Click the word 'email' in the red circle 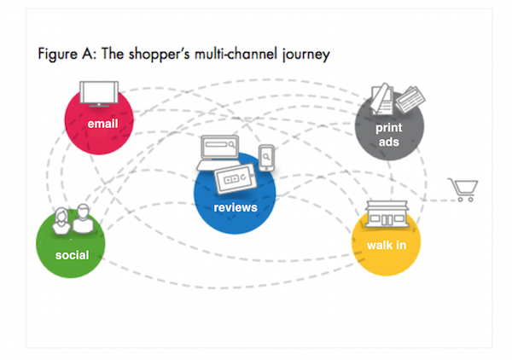102,125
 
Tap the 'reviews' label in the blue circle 236,207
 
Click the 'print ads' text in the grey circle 389,136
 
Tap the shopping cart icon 463,189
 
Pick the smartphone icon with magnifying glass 267,157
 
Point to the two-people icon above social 72,220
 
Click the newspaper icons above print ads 395,102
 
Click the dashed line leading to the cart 435,201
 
